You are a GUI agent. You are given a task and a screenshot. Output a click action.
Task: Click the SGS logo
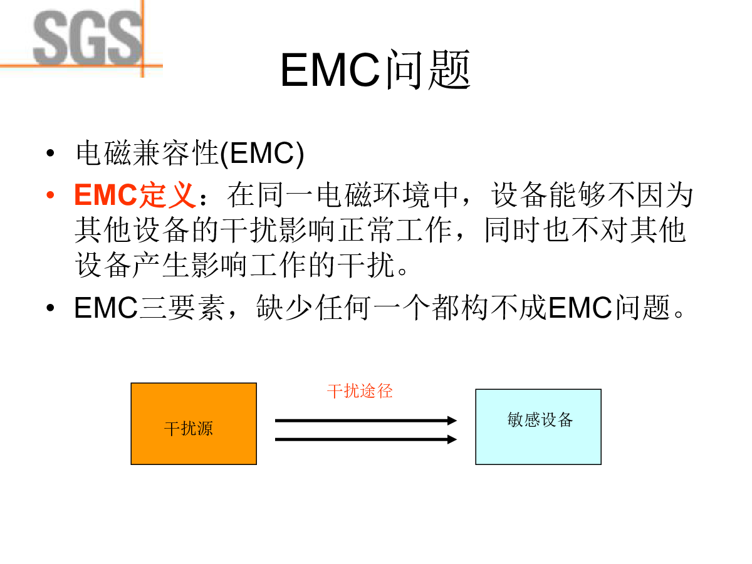(x=87, y=38)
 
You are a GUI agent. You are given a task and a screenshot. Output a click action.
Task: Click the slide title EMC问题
(x=375, y=70)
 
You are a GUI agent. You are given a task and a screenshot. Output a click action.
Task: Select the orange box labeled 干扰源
(x=194, y=424)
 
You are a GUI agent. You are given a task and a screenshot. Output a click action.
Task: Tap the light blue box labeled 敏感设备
(x=538, y=427)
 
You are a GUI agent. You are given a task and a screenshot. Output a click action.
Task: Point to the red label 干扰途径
(x=360, y=390)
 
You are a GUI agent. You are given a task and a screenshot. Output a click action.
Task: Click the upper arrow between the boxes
(x=366, y=420)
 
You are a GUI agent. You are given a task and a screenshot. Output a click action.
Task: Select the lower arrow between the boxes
(x=366, y=439)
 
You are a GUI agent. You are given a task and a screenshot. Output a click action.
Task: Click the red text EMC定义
(x=135, y=195)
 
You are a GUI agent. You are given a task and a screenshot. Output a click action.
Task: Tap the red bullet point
(x=50, y=195)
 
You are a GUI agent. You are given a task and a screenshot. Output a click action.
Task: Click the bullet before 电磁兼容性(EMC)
(x=50, y=153)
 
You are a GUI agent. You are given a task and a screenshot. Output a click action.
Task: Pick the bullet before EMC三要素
(x=50, y=308)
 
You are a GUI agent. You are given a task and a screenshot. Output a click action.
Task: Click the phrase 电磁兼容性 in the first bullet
(x=147, y=153)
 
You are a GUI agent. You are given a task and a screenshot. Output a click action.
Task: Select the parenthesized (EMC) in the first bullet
(x=262, y=154)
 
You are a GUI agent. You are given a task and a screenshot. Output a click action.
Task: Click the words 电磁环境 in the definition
(x=373, y=195)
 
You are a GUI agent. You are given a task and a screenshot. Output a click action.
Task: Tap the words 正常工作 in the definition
(x=395, y=230)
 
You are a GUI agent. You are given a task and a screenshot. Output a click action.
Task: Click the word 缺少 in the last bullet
(x=284, y=308)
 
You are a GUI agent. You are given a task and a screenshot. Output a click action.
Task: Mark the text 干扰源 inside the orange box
(x=189, y=429)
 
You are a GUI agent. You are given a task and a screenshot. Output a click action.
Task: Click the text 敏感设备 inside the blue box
(x=540, y=419)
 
